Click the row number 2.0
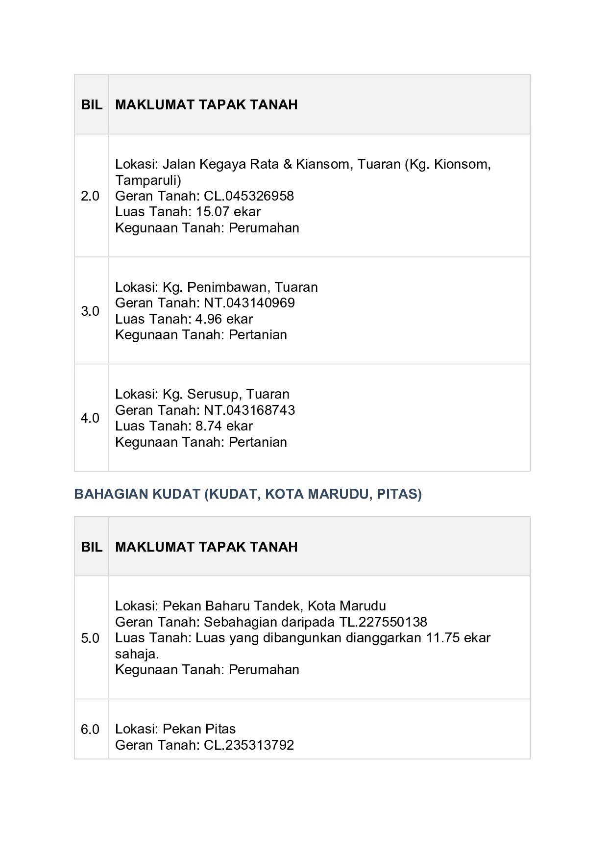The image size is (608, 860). tap(90, 196)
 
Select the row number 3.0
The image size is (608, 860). tap(90, 311)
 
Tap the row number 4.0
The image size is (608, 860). tap(90, 418)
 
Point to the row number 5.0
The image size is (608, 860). tap(90, 638)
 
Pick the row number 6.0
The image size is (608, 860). tap(90, 730)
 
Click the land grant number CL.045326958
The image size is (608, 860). tap(249, 196)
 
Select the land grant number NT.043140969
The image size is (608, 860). tap(249, 303)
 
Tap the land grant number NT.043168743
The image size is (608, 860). tap(249, 410)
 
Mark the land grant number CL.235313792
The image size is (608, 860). tap(249, 745)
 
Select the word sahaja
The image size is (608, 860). tap(136, 654)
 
